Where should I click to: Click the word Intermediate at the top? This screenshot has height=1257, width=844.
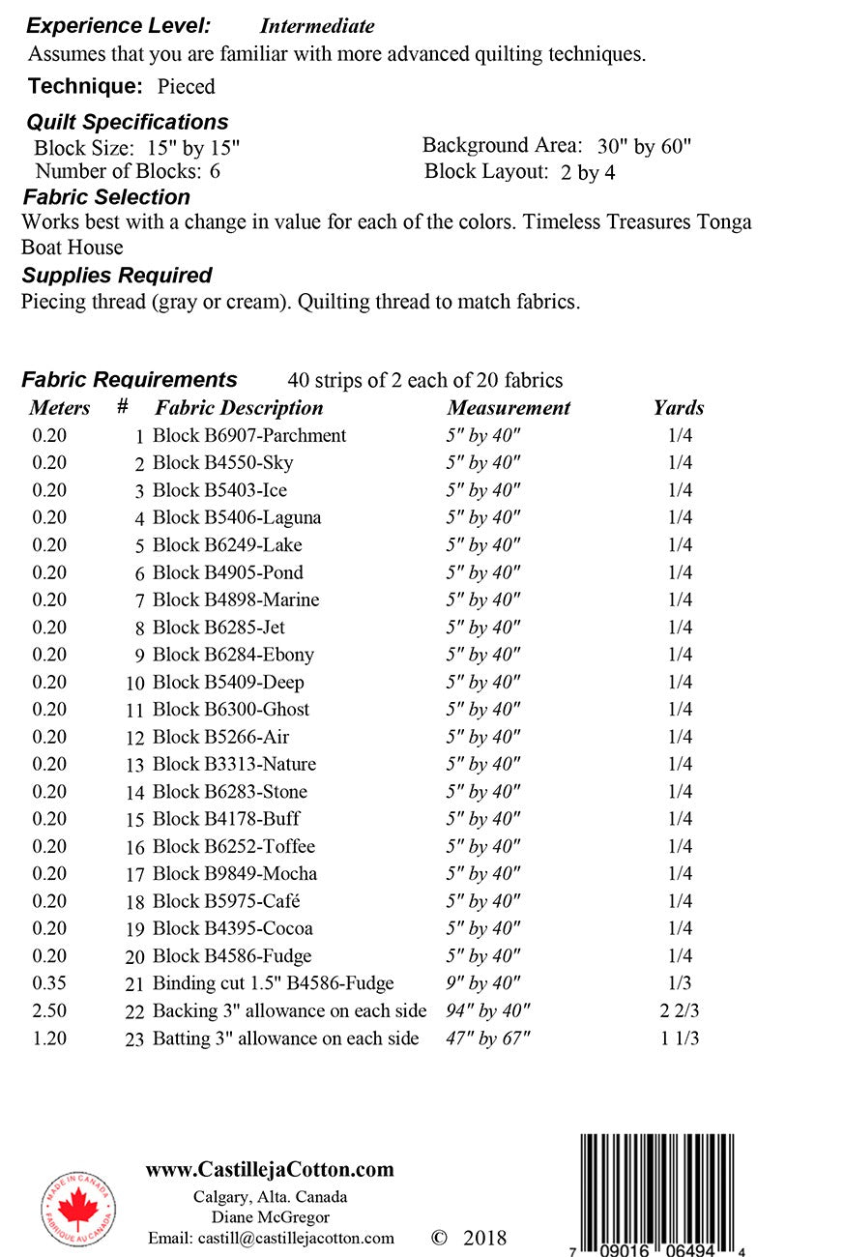316,26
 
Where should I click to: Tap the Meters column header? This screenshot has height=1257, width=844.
60,408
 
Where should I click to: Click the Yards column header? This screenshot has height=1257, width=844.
679,408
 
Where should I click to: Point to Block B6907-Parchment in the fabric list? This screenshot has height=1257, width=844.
249,435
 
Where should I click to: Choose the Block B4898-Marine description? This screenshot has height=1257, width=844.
236,599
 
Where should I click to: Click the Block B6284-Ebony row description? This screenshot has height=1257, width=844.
233,655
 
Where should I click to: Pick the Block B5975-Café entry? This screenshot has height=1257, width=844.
226,901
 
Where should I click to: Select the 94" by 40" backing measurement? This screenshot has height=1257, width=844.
488,1011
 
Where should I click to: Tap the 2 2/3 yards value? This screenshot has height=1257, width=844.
680,1011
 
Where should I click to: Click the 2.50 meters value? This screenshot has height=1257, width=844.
49,1011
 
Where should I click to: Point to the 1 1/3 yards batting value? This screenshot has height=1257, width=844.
680,1038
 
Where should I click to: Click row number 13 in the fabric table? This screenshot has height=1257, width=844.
134,765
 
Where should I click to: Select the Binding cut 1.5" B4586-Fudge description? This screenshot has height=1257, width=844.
274,983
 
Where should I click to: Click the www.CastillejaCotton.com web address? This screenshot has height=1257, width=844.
270,1169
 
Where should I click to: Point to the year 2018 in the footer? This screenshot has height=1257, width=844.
484,1239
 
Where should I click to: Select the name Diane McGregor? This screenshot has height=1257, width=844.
270,1217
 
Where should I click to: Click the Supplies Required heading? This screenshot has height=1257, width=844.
117,275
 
